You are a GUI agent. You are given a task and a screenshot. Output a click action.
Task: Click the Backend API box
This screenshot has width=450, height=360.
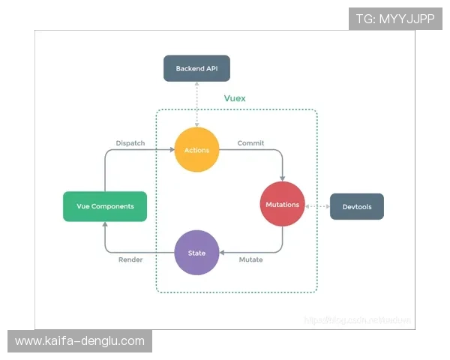point(196,69)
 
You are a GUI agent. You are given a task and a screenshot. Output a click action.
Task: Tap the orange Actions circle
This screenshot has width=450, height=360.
point(196,150)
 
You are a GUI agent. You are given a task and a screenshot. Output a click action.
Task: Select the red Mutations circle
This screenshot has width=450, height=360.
point(283,204)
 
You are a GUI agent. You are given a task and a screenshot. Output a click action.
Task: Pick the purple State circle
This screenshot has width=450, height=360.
point(196,253)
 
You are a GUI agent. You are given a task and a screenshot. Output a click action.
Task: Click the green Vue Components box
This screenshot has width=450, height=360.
point(105,205)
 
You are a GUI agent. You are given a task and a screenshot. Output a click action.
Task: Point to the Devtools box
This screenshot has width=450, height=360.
point(357,205)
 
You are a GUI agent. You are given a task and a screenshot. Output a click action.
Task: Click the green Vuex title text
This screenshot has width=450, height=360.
point(235,98)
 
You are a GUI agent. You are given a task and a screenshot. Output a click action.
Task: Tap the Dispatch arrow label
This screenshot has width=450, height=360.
point(130,142)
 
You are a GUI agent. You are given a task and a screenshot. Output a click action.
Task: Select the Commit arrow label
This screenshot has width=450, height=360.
point(250,142)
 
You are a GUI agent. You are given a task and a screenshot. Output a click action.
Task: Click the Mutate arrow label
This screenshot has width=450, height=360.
point(250,259)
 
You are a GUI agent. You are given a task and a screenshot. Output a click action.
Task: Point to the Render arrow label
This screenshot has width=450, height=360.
point(130,259)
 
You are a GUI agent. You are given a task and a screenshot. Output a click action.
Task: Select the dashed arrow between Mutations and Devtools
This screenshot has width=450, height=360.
point(317,205)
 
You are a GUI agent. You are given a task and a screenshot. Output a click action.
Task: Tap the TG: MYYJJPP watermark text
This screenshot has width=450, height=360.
point(395,19)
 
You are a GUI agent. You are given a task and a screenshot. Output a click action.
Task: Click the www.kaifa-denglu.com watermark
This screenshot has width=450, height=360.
point(79,341)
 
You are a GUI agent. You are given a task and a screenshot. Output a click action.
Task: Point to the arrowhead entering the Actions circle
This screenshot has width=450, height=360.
point(170,150)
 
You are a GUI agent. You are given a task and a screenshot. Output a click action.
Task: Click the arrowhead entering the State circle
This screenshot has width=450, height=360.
point(223,253)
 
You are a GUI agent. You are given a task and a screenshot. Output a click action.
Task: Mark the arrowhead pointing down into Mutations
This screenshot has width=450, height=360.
point(283,178)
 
